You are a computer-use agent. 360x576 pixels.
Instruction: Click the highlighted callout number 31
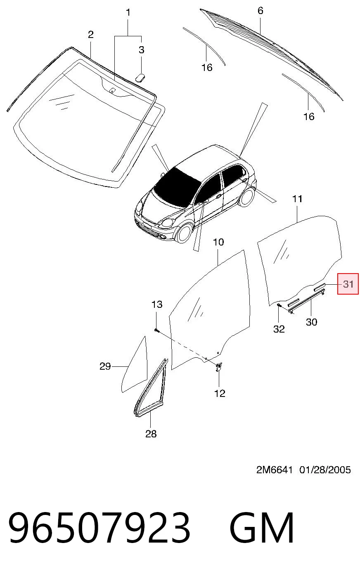pos(348,284)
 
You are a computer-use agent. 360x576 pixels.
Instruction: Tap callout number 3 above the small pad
pos(141,50)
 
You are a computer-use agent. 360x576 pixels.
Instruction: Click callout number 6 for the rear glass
pos(260,11)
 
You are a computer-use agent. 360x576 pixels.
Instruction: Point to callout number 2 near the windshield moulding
pos(90,35)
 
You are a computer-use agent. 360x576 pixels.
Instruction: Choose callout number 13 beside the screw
pos(157,305)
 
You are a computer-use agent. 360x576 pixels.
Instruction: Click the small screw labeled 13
pos(156,330)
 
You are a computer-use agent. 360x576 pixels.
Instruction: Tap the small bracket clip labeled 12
pos(218,367)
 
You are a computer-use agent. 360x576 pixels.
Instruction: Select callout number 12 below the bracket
pos(220,394)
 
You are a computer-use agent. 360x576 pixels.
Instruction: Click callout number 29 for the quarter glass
pos(105,366)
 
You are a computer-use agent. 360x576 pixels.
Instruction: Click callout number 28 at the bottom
pos(151,434)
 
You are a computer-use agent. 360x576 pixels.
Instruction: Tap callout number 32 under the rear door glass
pos(279,329)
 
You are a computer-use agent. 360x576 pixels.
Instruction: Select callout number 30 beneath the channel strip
pos(311,322)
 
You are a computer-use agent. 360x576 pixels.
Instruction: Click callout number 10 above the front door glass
pos(218,242)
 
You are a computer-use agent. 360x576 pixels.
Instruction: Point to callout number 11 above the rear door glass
pos(297,199)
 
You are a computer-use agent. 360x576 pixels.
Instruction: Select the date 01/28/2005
pos(325,470)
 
